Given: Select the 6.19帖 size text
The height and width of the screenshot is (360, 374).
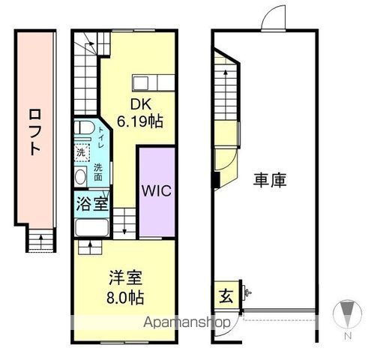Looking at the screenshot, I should pos(140,121).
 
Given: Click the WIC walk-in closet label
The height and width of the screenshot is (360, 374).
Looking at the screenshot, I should pos(157,190).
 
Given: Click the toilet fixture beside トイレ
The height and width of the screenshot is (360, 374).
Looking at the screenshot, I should pos(84,130).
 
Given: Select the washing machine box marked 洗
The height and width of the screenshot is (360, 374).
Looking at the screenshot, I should pos(81,152).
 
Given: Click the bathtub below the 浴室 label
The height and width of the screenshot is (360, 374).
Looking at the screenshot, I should pos(93,227).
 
